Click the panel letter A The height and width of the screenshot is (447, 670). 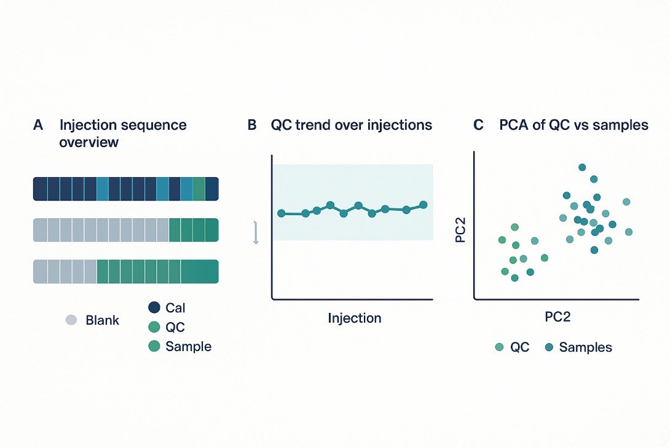[38, 125]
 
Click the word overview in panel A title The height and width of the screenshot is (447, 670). [89, 142]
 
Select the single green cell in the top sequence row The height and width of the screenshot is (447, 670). [199, 189]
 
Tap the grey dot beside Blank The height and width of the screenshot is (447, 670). [71, 320]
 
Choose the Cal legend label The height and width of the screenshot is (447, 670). [175, 307]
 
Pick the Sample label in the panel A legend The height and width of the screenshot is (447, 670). [188, 346]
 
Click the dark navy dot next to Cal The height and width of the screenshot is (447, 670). [154, 307]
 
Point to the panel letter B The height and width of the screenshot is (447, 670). [251, 125]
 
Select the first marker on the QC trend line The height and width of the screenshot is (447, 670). [282, 213]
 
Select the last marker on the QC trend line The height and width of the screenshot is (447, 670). [423, 205]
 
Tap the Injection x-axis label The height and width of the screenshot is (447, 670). [355, 318]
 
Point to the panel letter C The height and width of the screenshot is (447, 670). [478, 125]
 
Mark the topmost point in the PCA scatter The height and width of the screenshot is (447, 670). [582, 167]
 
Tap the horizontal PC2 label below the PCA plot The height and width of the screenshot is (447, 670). [559, 317]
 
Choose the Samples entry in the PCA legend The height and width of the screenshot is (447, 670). [585, 347]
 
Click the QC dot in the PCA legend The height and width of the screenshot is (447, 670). [500, 347]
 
